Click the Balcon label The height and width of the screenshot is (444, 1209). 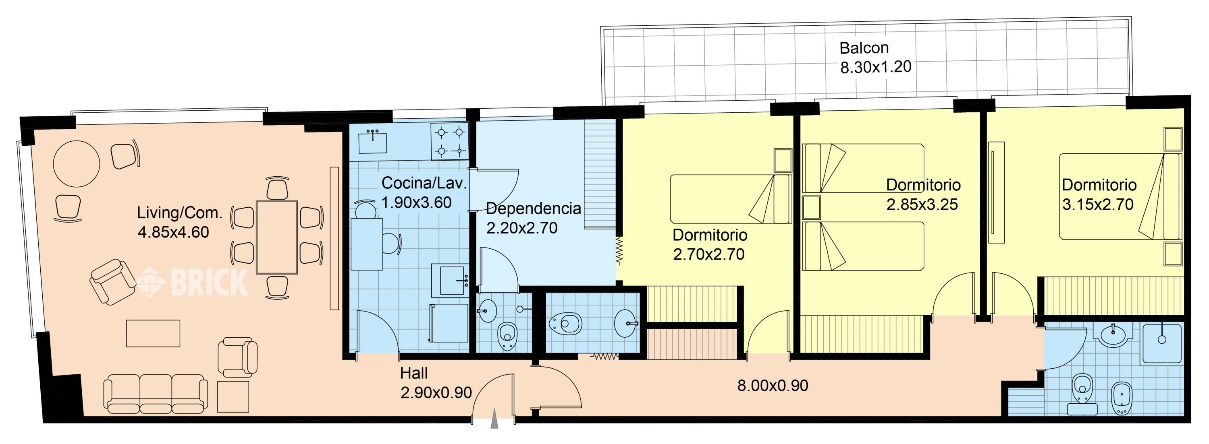864,48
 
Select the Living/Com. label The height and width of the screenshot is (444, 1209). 180,213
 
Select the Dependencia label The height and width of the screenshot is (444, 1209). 534,209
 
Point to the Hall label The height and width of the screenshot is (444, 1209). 414,373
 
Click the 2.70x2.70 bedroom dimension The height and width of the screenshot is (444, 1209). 709,254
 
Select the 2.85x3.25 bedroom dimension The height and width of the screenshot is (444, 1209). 922,205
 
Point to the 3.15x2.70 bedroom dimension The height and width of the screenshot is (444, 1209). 1098,205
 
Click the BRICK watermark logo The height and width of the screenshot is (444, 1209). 192,282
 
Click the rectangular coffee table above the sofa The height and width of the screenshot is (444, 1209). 153,333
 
